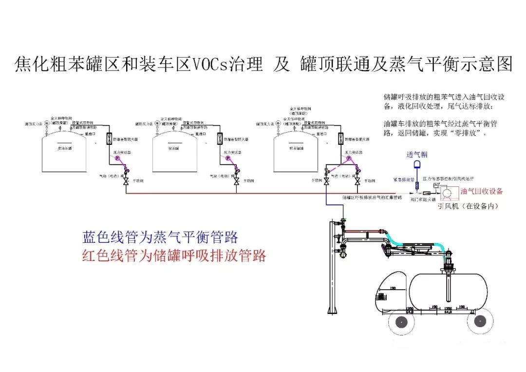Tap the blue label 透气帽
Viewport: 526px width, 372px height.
click(x=417, y=155)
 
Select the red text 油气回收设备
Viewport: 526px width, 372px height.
click(x=481, y=191)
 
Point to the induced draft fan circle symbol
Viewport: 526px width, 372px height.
click(x=447, y=195)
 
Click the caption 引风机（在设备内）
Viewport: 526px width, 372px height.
click(x=468, y=206)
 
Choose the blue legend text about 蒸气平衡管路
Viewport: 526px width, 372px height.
click(x=160, y=237)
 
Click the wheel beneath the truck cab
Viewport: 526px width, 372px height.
click(x=402, y=322)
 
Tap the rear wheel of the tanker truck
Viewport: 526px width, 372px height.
click(x=480, y=322)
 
